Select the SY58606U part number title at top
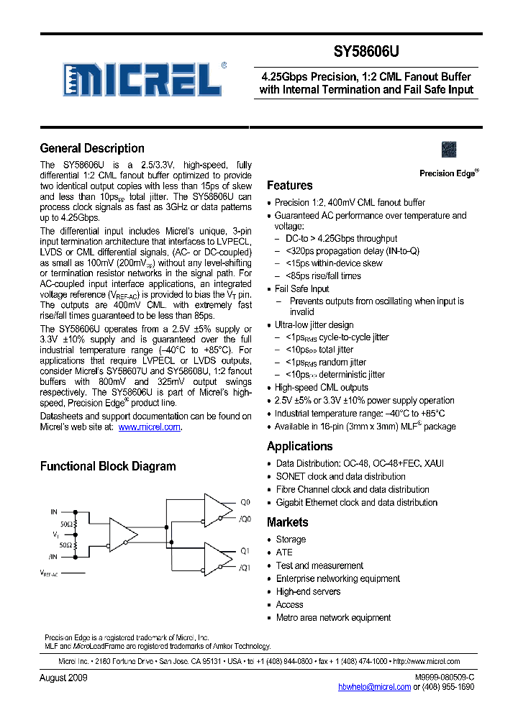365,52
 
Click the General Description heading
92,148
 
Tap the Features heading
289,186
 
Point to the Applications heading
299,446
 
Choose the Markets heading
287,522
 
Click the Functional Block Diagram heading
107,466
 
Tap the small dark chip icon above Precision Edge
449,150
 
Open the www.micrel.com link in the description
149,427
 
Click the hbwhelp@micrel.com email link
374,687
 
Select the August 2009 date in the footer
63,678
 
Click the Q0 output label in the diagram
245,503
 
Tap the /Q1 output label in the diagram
245,568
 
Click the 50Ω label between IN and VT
67,524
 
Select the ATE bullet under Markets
284,552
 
